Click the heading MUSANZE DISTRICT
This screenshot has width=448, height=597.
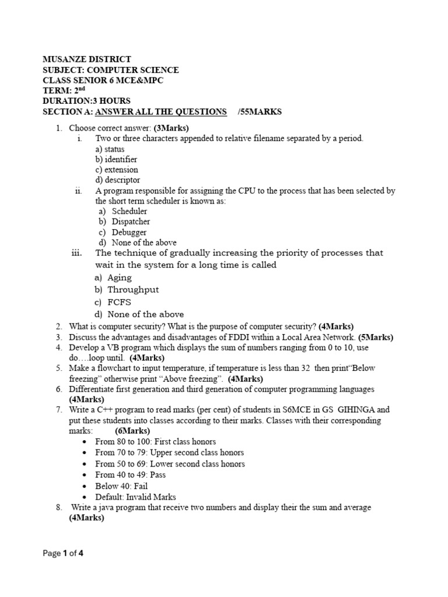point(87,59)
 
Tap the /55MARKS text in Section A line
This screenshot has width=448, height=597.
point(260,112)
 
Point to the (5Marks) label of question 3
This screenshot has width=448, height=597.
point(376,337)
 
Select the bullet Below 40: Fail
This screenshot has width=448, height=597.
point(121,486)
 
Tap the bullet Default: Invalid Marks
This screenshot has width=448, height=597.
point(135,497)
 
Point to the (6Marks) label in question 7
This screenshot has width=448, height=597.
point(132,431)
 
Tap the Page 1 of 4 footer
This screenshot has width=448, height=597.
point(64,554)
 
